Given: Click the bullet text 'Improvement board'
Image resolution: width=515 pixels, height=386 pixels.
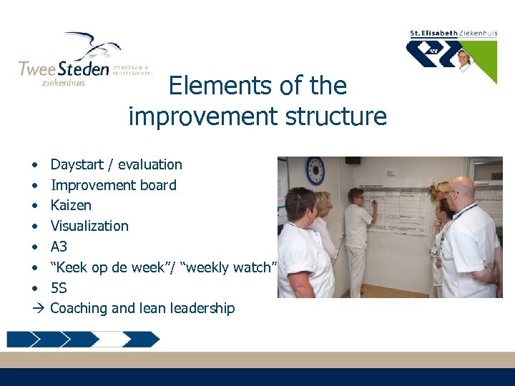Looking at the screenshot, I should pyautogui.click(x=113, y=185).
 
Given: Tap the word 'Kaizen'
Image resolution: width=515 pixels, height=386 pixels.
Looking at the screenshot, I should pyautogui.click(x=71, y=205).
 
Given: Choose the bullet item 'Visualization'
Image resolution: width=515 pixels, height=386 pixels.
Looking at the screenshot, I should pyautogui.click(x=89, y=226).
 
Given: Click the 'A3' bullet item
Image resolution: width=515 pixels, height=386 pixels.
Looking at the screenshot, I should pyautogui.click(x=59, y=247).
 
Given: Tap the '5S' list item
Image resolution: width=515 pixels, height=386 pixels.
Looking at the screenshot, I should pyautogui.click(x=59, y=288).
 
